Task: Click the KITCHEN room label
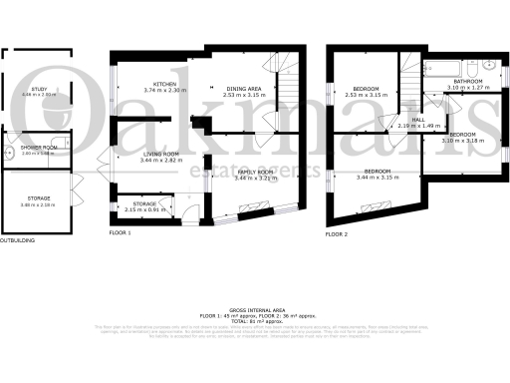pos(164,83)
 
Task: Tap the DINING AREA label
pos(242,89)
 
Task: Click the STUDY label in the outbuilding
pos(39,89)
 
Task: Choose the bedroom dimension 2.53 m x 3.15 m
pos(367,95)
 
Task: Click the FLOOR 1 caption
pos(120,233)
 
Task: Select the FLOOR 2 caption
pos(336,233)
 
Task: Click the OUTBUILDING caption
pos(16,240)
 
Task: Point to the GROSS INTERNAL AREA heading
pos(255,310)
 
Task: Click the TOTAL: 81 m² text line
pos(255,320)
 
